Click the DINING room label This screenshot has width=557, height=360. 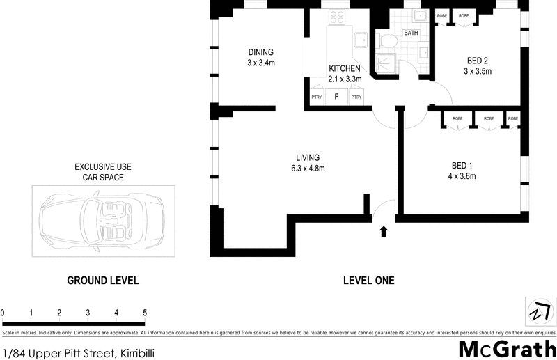coord(261,52)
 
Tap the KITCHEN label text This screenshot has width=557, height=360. coord(344,68)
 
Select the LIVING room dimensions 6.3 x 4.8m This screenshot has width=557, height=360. coord(308,168)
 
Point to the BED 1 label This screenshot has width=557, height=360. coord(462,165)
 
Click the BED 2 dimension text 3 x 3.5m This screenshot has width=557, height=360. coord(478,71)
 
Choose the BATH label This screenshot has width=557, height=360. coord(411,33)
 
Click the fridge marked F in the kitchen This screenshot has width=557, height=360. coord(336,97)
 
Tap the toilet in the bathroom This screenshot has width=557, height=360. coord(388,42)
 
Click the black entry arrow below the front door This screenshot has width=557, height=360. coord(382,230)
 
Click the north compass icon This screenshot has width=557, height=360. coord(539,311)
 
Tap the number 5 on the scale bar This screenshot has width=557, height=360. coord(144,313)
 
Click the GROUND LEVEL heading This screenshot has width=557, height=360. coord(102,281)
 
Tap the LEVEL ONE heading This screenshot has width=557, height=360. coord(368,281)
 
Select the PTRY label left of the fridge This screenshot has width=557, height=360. coord(316,97)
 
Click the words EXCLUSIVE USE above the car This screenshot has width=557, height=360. coord(102,167)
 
